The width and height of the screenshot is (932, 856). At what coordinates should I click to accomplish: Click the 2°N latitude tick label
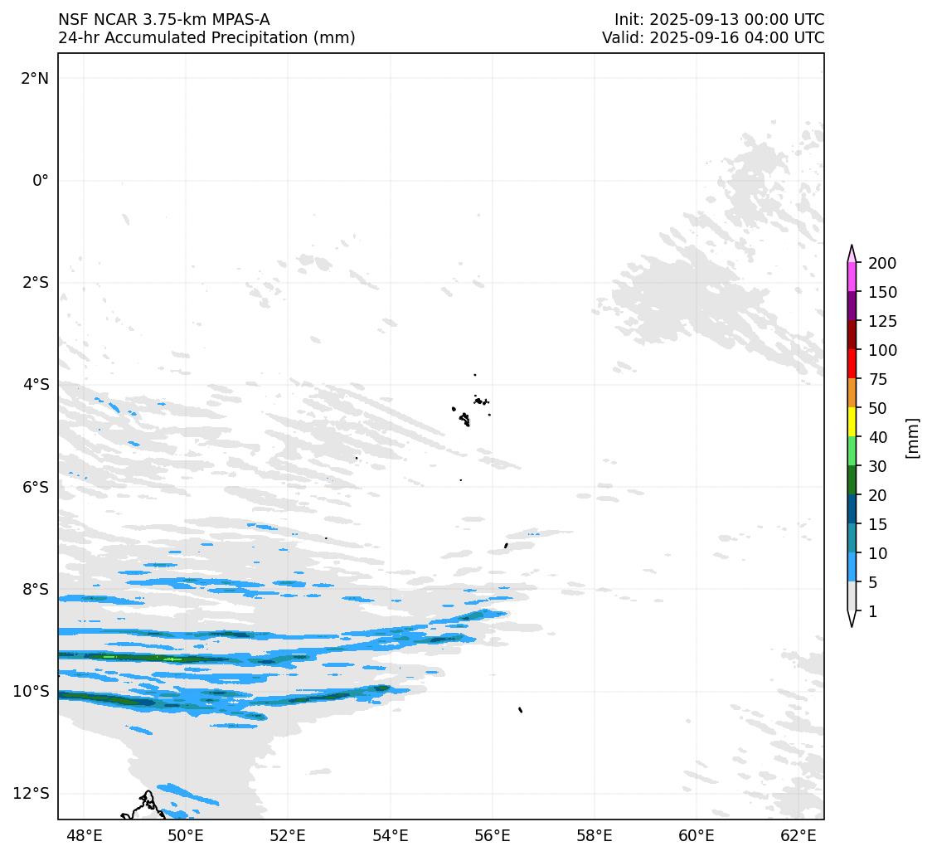(x=35, y=78)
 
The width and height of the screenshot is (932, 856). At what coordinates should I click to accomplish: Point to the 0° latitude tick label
(x=41, y=180)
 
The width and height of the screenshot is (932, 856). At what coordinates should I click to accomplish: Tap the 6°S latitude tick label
(x=35, y=487)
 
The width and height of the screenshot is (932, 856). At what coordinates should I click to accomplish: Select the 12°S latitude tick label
(x=32, y=793)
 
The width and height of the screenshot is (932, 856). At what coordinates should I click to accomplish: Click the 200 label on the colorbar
(x=882, y=263)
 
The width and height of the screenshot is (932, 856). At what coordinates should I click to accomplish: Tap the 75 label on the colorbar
(x=878, y=379)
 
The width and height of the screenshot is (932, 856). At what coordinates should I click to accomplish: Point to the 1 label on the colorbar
(x=871, y=611)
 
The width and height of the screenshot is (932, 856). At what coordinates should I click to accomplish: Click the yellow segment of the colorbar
(x=852, y=422)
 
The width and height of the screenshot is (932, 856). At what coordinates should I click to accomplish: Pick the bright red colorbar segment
(x=852, y=364)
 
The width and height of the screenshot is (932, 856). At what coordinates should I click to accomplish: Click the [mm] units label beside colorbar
(x=913, y=437)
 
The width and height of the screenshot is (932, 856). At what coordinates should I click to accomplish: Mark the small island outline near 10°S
(x=520, y=709)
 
